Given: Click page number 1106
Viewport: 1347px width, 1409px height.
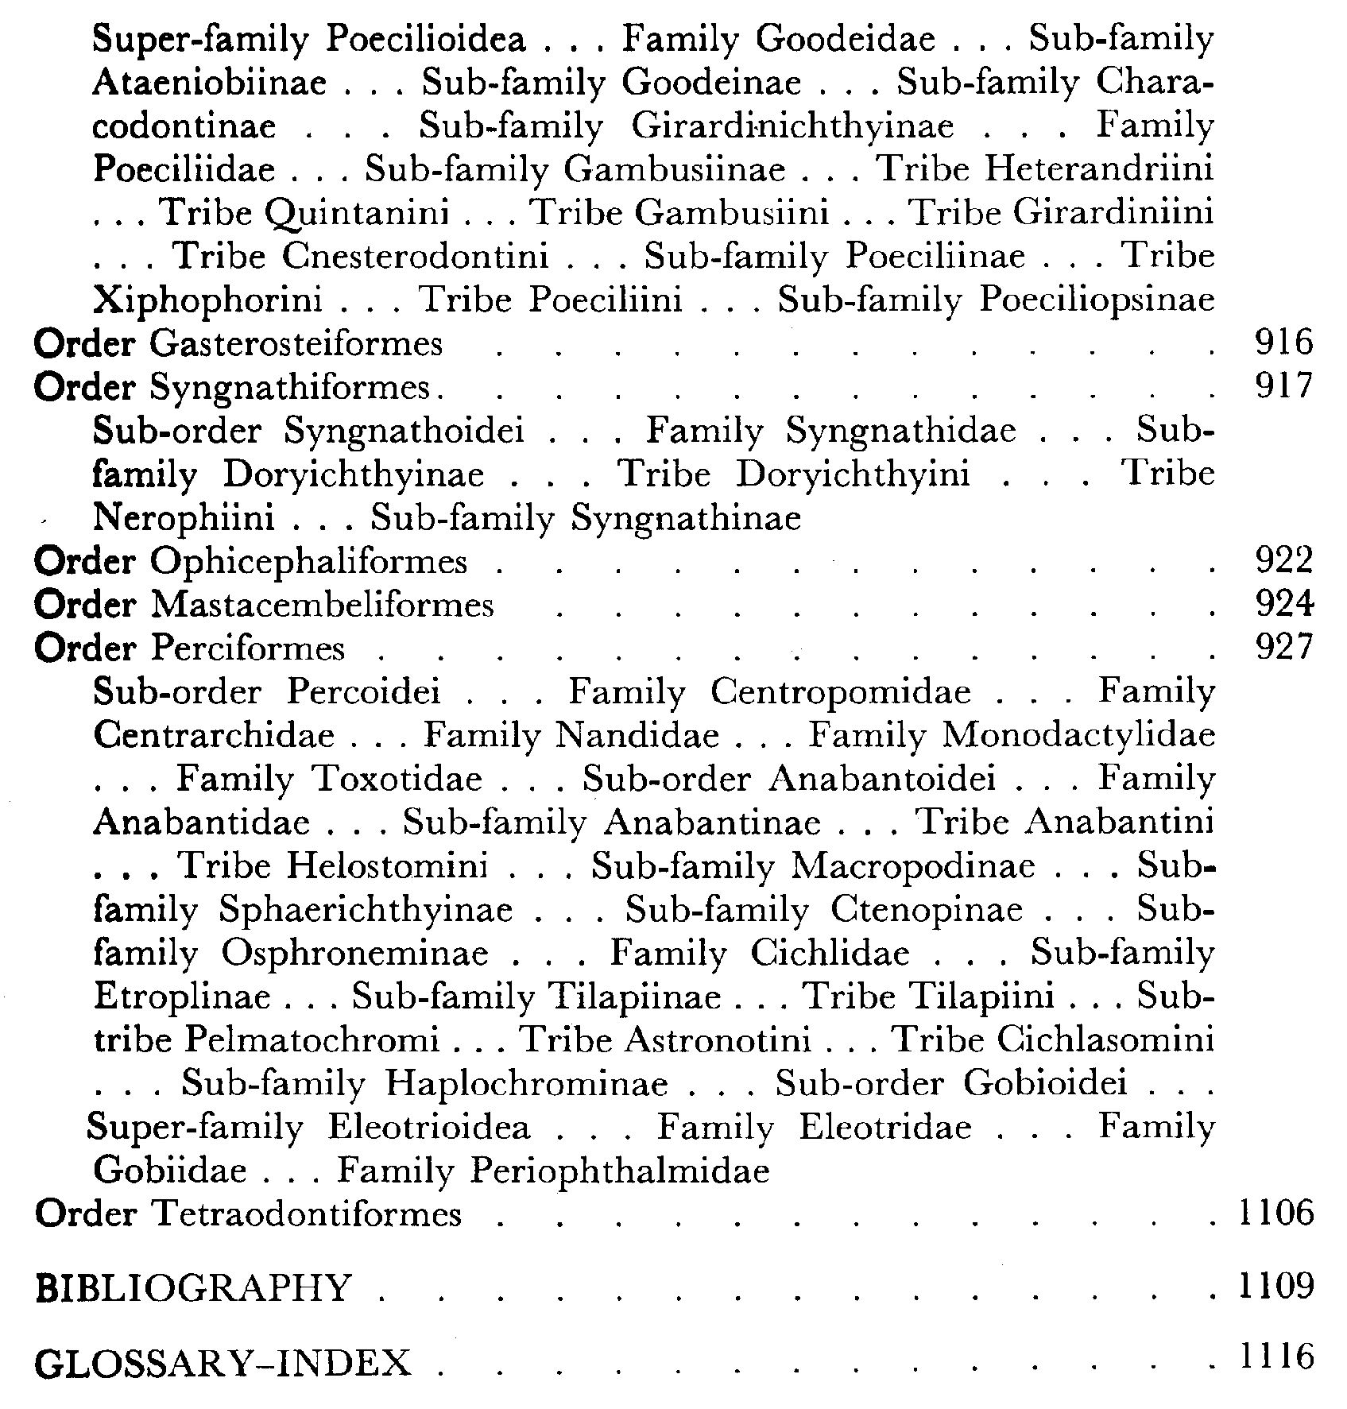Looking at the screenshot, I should [1276, 1214].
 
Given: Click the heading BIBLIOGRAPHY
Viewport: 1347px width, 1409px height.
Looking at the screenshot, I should [193, 1288].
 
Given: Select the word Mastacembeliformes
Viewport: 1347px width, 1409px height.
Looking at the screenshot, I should [322, 606].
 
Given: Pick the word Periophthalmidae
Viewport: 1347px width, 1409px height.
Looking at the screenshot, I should [620, 1171].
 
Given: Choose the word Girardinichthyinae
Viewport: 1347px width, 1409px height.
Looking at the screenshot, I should [792, 127].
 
